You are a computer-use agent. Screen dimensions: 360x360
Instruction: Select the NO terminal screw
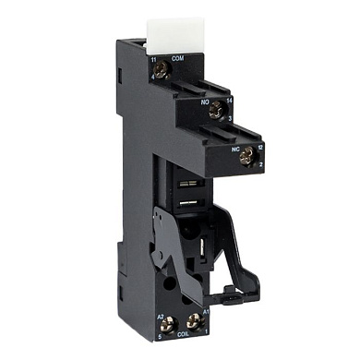pyautogui.click(x=216, y=110)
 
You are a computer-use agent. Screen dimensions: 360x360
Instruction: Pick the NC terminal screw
pyautogui.click(x=246, y=156)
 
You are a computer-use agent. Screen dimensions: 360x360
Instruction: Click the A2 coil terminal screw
pyautogui.click(x=168, y=323)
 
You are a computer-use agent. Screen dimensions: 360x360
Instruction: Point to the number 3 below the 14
pyautogui.click(x=231, y=119)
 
